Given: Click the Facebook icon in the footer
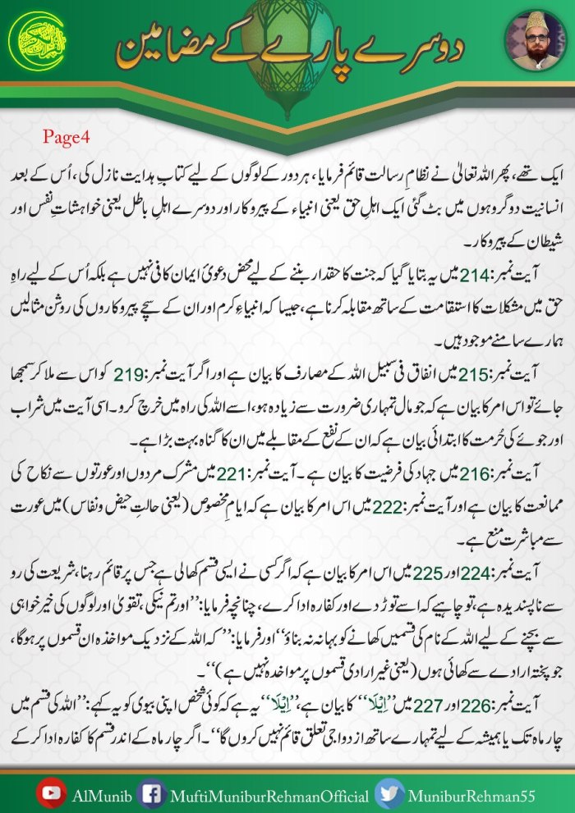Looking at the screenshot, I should tap(150, 792).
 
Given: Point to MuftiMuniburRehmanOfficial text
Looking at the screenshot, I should tap(264, 793).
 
